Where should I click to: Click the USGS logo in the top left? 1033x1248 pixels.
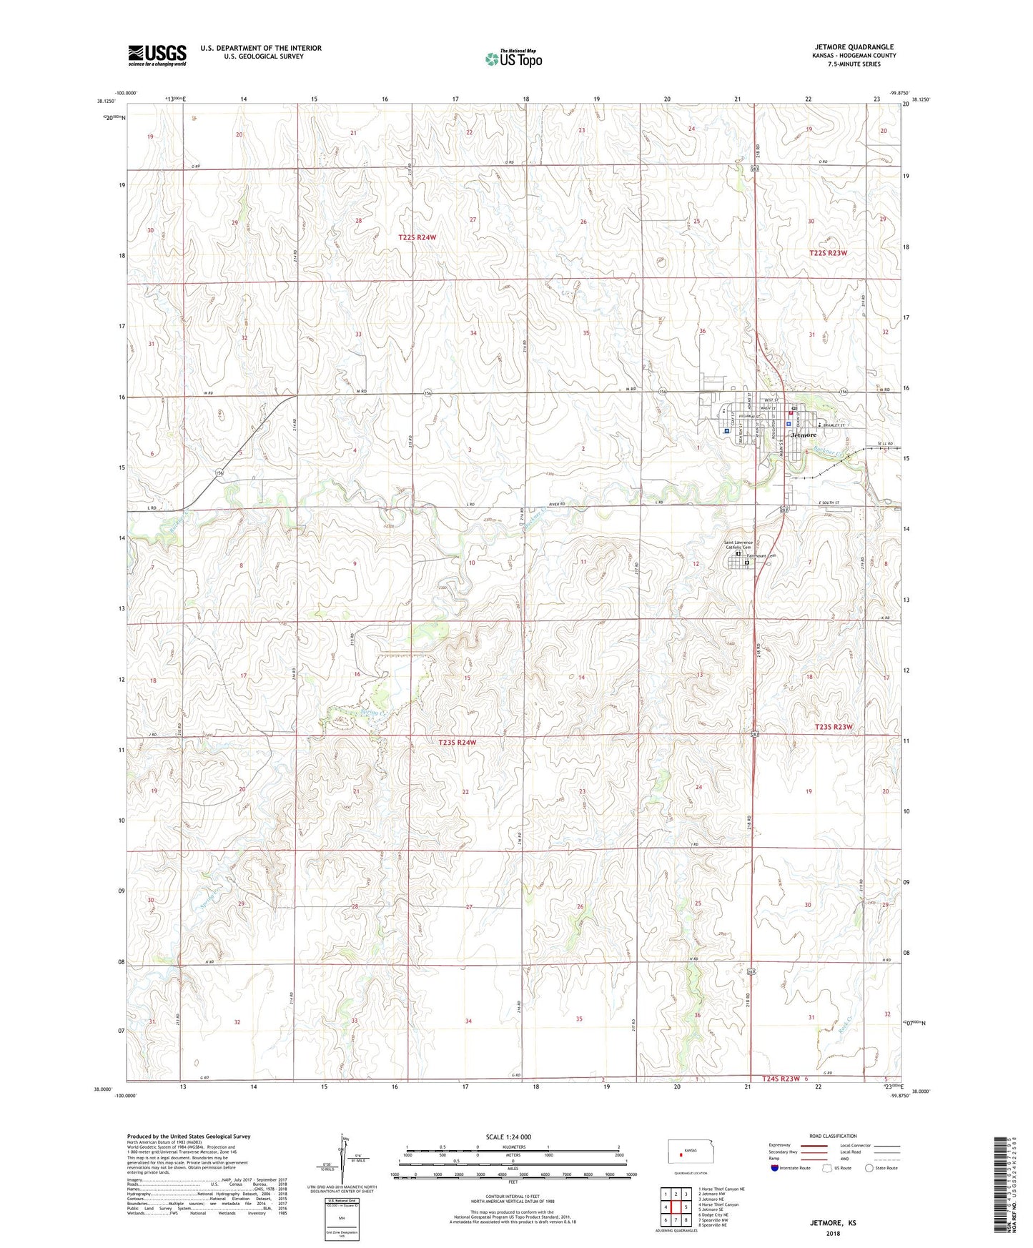(157, 55)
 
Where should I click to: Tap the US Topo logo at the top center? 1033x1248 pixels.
(513, 59)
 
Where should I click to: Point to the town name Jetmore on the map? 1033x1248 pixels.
(804, 435)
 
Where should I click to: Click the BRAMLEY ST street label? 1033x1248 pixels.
(834, 425)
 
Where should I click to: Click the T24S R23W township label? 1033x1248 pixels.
(776, 1079)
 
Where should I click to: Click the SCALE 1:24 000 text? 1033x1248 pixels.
(508, 1136)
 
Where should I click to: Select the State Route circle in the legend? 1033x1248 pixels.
(869, 1168)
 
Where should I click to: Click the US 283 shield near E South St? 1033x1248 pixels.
(784, 510)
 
